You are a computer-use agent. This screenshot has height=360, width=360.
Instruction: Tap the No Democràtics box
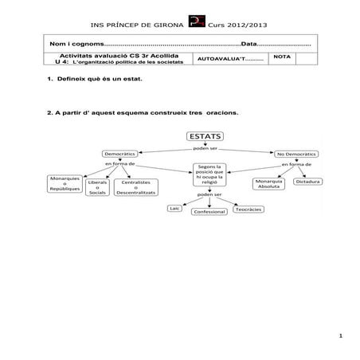point(296,152)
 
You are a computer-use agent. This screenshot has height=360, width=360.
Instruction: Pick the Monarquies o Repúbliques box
point(61,184)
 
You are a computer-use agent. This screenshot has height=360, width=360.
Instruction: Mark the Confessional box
point(209,211)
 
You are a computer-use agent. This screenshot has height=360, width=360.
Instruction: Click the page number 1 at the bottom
point(340,335)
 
